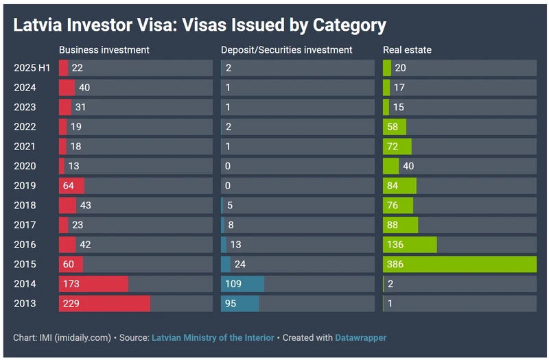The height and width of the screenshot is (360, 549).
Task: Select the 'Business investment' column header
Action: (x=104, y=50)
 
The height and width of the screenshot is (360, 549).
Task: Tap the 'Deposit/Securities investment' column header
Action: (x=287, y=50)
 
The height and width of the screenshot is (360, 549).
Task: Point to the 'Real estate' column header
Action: (x=408, y=50)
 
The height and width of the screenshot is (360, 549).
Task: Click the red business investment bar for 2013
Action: (x=104, y=303)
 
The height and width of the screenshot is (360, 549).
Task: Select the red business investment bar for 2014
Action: (x=93, y=284)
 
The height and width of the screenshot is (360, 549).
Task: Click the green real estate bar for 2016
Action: (x=410, y=245)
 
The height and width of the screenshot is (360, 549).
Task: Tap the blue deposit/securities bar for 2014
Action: (x=242, y=284)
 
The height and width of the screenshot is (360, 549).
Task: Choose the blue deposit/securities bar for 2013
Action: (x=240, y=303)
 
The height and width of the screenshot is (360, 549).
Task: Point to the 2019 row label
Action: (x=25, y=186)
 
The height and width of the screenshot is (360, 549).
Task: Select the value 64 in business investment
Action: (x=68, y=186)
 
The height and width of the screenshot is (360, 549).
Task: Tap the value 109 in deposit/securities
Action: (x=233, y=284)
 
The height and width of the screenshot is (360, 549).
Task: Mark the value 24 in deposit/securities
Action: (x=240, y=264)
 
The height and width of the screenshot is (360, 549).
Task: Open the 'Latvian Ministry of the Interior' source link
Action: (x=213, y=338)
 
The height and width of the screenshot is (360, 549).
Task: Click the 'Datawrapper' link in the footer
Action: (x=360, y=338)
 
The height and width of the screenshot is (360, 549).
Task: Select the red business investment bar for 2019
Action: (x=71, y=186)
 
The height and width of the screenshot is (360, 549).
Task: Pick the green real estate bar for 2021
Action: (x=397, y=147)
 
